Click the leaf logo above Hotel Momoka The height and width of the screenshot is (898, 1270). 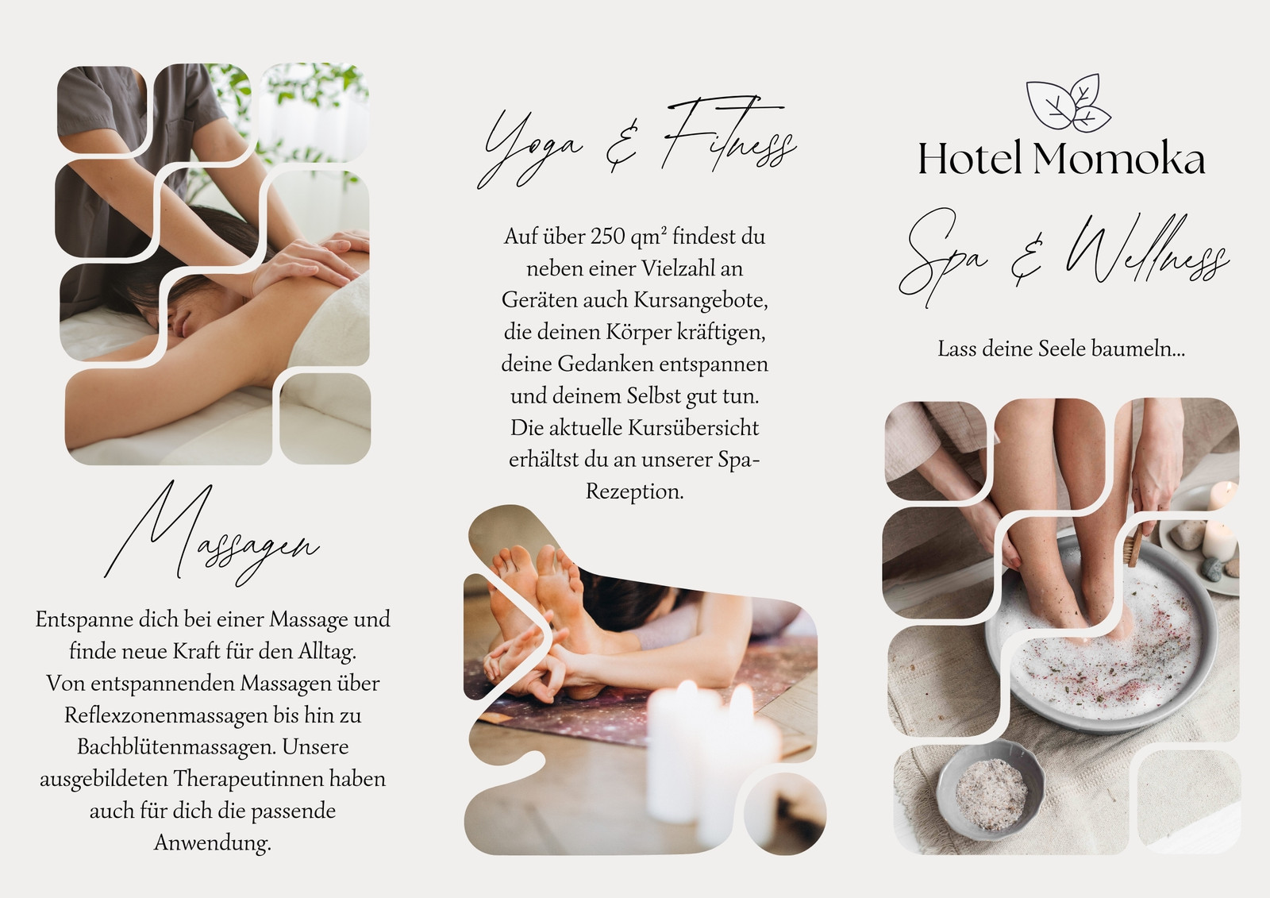pyautogui.click(x=1068, y=103)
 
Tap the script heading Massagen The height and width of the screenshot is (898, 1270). pyautogui.click(x=212, y=534)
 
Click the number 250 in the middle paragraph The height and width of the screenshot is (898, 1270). pyautogui.click(x=608, y=237)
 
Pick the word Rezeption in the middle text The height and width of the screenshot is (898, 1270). pyautogui.click(x=634, y=491)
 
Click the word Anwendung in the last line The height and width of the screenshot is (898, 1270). pyautogui.click(x=212, y=843)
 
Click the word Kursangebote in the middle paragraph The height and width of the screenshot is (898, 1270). pyautogui.click(x=701, y=300)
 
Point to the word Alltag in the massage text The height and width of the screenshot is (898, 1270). pyautogui.click(x=328, y=651)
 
